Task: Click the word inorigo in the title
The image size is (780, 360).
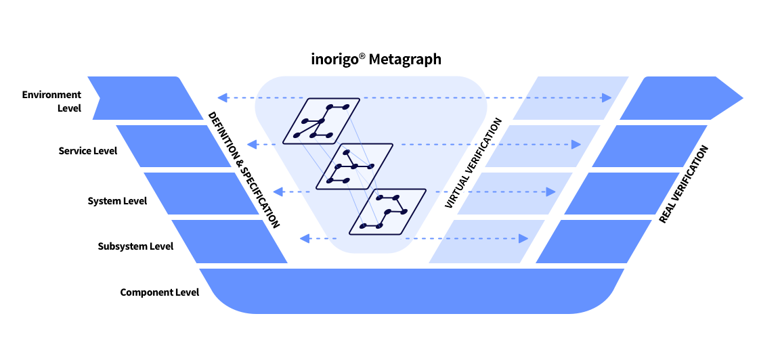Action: click(334, 60)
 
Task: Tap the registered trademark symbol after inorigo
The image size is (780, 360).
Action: click(362, 56)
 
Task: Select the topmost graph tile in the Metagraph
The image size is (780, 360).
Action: click(321, 121)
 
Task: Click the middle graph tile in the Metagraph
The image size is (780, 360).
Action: click(354, 166)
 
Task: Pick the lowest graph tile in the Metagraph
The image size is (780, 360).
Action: click(387, 212)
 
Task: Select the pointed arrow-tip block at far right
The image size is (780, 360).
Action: click(680, 98)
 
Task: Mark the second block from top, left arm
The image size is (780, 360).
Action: click(173, 145)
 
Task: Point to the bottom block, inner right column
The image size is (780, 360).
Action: click(487, 241)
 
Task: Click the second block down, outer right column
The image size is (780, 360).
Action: click(650, 145)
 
